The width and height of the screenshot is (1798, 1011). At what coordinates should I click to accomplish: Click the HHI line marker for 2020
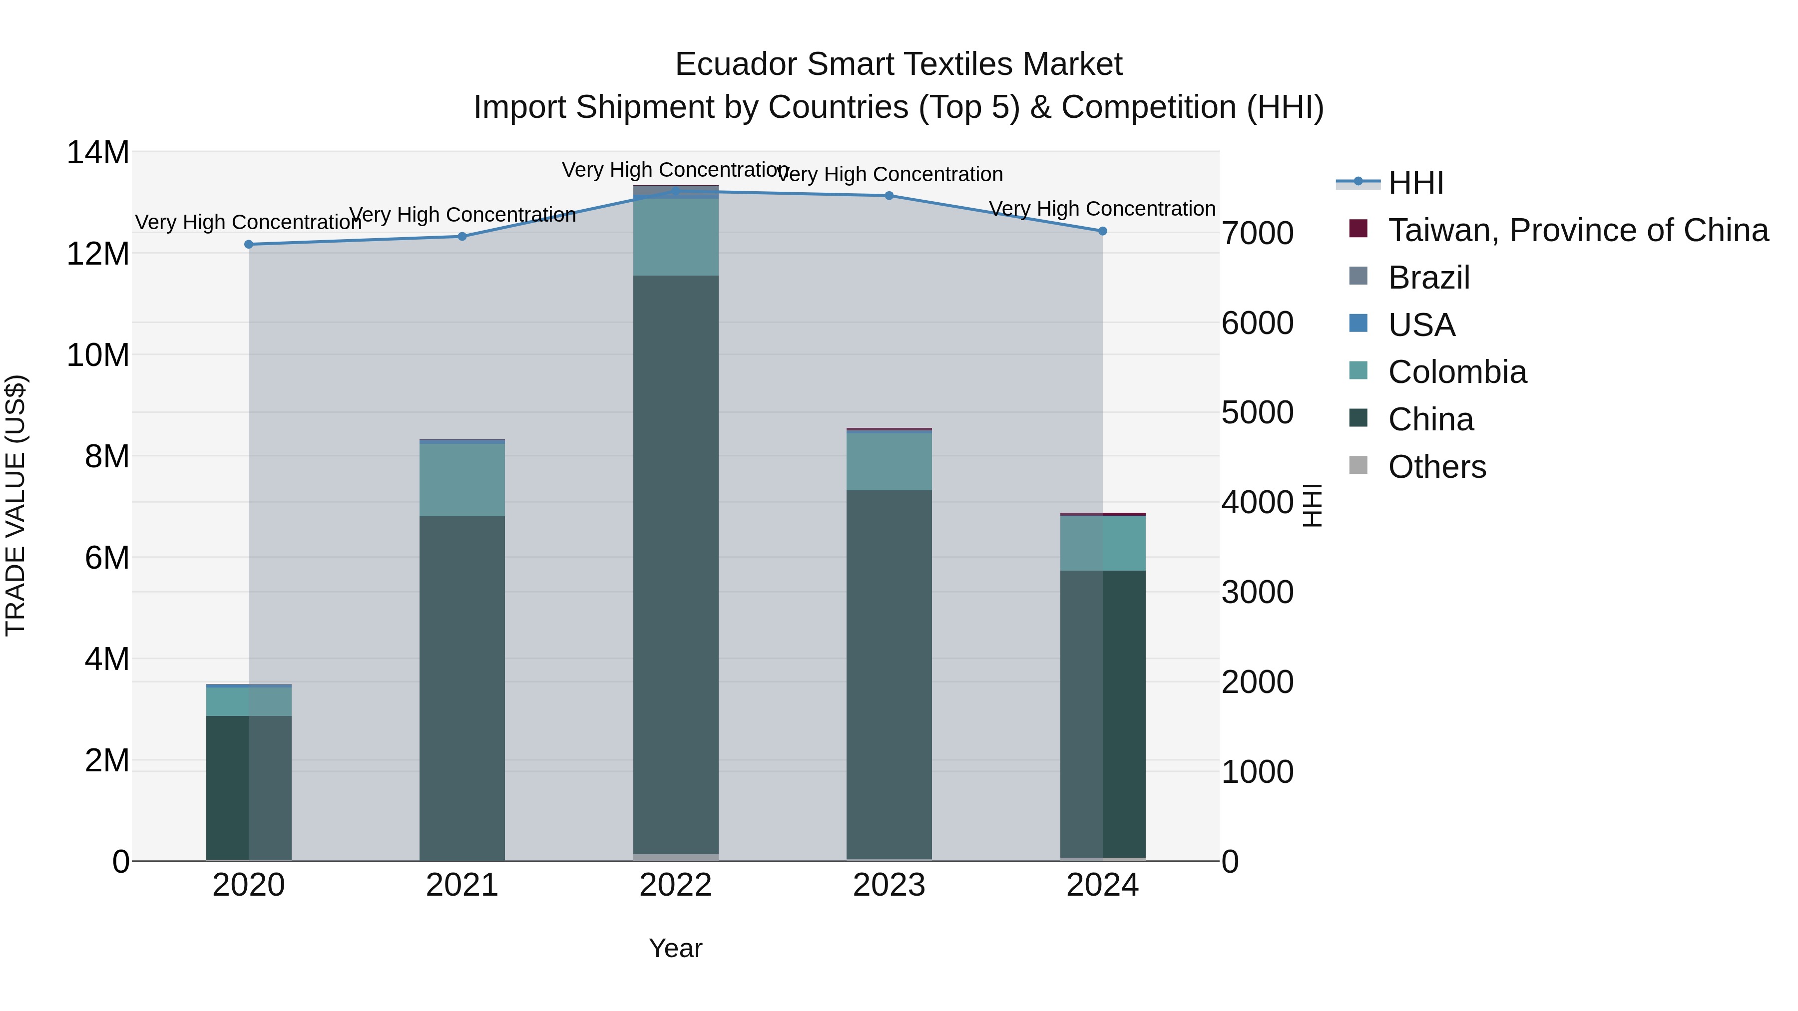(249, 244)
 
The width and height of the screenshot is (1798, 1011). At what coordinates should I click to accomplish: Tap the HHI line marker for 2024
(1102, 231)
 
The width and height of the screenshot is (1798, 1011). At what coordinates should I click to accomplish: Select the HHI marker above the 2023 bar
(889, 196)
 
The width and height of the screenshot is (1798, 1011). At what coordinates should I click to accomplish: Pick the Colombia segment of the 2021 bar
(461, 479)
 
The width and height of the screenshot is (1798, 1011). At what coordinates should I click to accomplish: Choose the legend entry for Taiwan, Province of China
(1577, 230)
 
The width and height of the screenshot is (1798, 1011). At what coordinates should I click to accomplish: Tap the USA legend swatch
(1358, 324)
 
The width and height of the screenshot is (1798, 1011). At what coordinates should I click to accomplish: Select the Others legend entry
(1436, 466)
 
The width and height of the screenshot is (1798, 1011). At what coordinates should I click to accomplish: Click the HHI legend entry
(1415, 183)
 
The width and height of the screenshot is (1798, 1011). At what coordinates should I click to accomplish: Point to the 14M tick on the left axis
(98, 152)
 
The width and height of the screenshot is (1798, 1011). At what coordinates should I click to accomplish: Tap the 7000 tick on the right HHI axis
(1257, 233)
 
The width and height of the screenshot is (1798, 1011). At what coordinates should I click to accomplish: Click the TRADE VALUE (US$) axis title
(15, 505)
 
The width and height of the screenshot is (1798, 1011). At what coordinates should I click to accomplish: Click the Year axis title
(675, 948)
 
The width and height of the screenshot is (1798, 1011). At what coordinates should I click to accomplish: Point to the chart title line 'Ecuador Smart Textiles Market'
(899, 64)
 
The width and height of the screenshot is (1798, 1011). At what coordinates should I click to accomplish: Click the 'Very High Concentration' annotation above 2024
(1102, 209)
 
